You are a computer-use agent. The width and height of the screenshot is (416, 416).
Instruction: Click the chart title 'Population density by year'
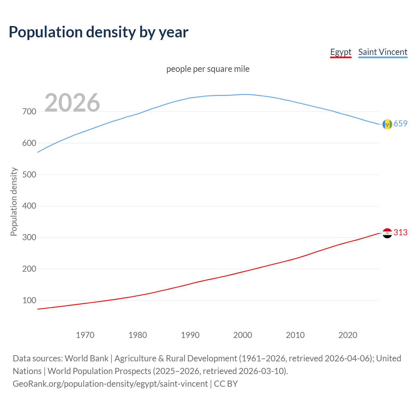(x=98, y=32)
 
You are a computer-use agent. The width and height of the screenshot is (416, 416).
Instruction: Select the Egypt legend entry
(x=341, y=52)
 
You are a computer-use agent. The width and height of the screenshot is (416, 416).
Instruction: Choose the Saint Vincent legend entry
(x=383, y=52)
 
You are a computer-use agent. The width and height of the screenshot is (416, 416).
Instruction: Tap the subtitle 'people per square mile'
(x=208, y=69)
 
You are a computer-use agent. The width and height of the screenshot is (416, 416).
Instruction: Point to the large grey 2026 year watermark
(x=72, y=103)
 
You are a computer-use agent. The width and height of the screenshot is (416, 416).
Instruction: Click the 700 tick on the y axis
(x=29, y=112)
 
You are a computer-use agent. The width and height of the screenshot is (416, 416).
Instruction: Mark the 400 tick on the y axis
(x=29, y=206)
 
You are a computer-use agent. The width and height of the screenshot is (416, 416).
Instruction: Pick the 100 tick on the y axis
(x=29, y=301)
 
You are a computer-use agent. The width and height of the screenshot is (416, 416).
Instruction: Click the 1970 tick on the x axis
(x=85, y=335)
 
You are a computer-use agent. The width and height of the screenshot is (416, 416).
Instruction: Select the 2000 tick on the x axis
(x=243, y=335)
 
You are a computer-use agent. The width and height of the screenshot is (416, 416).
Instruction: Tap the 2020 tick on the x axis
(x=348, y=335)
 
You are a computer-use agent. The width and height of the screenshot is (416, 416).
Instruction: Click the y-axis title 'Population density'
(x=14, y=201)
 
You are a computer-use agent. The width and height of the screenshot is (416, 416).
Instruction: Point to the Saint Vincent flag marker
(x=387, y=124)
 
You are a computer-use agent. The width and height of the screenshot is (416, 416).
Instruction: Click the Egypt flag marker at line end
(x=387, y=233)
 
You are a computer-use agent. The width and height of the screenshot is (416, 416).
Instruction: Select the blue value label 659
(x=400, y=123)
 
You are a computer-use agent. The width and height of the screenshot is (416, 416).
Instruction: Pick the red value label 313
(x=400, y=232)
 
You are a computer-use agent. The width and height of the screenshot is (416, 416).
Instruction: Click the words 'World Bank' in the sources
(x=86, y=358)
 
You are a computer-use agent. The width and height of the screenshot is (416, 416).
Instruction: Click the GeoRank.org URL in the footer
(x=110, y=384)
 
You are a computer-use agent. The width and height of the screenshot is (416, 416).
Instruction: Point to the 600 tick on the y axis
(x=29, y=143)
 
